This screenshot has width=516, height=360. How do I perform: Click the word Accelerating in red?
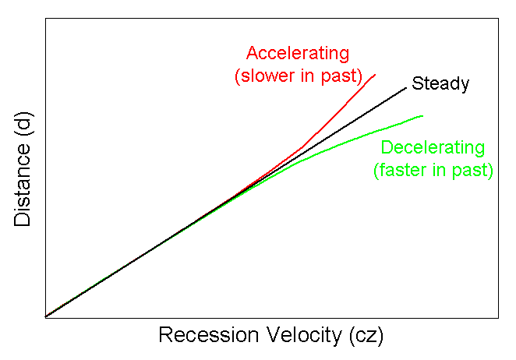pyautogui.click(x=297, y=54)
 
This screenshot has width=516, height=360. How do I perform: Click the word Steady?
pyautogui.click(x=440, y=83)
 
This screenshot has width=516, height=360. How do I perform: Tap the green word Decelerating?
pyautogui.click(x=433, y=148)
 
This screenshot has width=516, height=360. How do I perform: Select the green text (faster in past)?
pyautogui.click(x=433, y=170)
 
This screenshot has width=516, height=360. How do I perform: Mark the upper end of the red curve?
pyautogui.click(x=375, y=75)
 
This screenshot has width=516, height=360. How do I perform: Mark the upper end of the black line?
pyautogui.click(x=407, y=86)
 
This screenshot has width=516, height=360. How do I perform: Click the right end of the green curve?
pyautogui.click(x=422, y=116)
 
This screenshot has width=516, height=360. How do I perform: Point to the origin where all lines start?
pyautogui.click(x=46, y=316)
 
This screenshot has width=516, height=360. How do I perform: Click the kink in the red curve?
pyautogui.click(x=302, y=146)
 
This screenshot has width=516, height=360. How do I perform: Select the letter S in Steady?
pyautogui.click(x=417, y=83)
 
